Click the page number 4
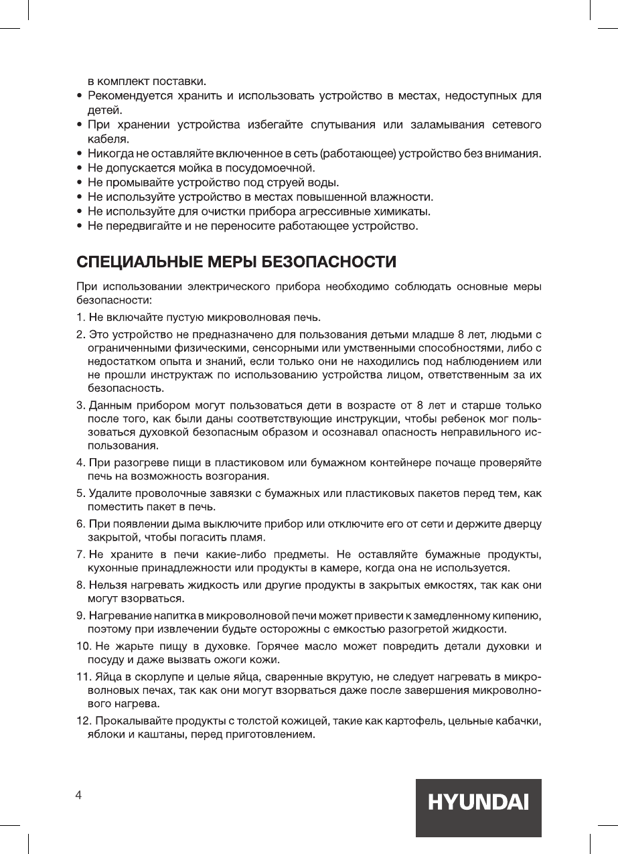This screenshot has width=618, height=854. (79, 795)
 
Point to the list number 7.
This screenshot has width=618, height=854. (80, 554)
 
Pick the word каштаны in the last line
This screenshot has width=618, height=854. (152, 735)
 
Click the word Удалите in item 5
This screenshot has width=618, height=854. (108, 494)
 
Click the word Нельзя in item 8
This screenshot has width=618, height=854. (105, 584)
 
